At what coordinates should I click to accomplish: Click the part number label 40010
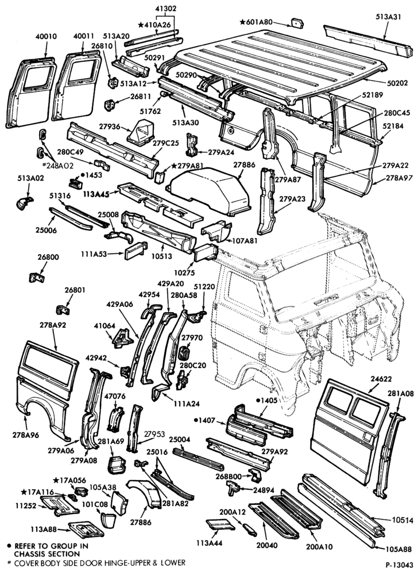click(x=46, y=37)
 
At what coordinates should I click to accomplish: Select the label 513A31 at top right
click(x=389, y=17)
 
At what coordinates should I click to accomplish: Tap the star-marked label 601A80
click(x=256, y=22)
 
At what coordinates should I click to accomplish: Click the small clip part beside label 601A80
click(x=297, y=22)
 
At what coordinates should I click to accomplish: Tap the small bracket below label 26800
click(x=36, y=277)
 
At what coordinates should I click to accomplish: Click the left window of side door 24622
click(x=339, y=400)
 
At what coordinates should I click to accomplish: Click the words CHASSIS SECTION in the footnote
click(x=47, y=554)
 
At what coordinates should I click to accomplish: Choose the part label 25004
click(x=179, y=439)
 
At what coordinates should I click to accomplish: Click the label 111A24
click(x=187, y=404)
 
